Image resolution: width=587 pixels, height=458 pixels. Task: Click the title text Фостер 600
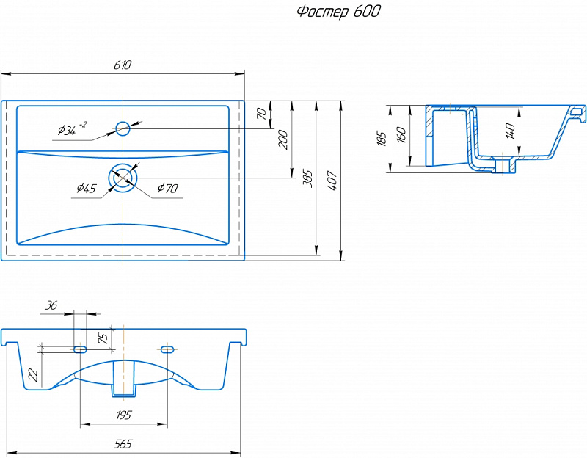click(338, 12)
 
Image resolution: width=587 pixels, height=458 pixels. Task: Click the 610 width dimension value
click(123, 65)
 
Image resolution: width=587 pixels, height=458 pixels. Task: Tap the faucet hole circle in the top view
click(123, 128)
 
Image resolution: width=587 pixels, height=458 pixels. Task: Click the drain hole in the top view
click(123, 178)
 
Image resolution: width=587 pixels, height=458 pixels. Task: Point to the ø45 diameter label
click(87, 188)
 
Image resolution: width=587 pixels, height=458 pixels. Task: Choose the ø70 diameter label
click(167, 188)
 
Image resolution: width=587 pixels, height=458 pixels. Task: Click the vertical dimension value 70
click(262, 114)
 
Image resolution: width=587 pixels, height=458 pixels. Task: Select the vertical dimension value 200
click(283, 139)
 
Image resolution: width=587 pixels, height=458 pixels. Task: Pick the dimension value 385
click(307, 179)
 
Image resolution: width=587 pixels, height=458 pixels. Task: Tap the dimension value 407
click(332, 180)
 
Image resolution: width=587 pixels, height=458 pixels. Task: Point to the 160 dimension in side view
click(401, 135)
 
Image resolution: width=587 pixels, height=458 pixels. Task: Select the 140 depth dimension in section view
click(511, 131)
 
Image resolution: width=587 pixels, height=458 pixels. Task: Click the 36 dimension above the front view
click(51, 305)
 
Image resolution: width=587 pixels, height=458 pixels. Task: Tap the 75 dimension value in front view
click(103, 338)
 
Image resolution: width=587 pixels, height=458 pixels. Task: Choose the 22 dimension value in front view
click(33, 375)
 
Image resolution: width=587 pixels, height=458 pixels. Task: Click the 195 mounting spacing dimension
click(123, 415)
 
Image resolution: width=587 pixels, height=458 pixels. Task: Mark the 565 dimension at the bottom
click(123, 444)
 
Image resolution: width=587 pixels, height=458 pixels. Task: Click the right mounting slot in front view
click(167, 349)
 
